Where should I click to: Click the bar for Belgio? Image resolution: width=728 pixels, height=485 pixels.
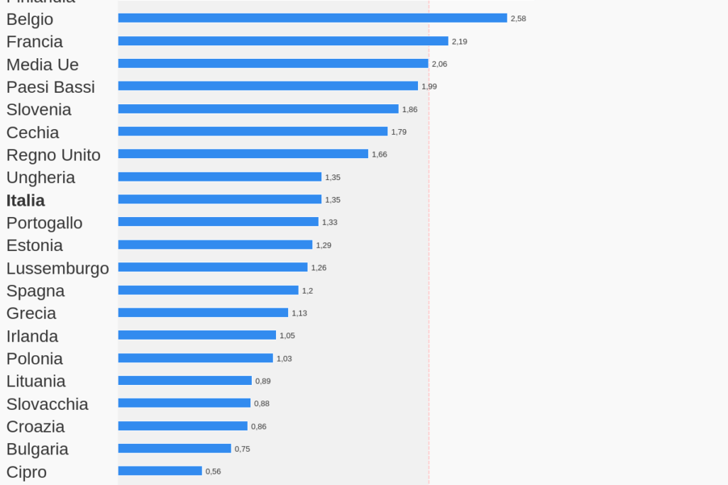click(312, 18)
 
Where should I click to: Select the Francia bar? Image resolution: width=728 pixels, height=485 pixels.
click(283, 41)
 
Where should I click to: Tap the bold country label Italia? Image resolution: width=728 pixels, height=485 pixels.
click(26, 200)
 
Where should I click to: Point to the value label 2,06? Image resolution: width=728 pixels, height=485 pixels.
click(439, 64)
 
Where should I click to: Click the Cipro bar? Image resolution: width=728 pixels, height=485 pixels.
click(160, 471)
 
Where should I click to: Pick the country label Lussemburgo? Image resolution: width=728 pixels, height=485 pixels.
click(57, 268)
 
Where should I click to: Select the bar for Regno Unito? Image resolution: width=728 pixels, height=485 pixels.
click(243, 154)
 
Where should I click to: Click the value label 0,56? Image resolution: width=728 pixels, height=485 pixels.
click(213, 472)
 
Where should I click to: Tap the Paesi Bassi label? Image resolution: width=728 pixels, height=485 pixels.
click(50, 87)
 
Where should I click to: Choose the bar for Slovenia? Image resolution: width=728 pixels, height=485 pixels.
click(258, 109)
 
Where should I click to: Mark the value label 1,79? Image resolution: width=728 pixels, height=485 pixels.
click(399, 132)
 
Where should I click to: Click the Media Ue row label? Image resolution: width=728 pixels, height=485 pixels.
click(43, 65)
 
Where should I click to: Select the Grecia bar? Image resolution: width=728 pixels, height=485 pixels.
click(203, 313)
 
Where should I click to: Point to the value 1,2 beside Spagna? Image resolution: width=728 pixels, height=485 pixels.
click(307, 291)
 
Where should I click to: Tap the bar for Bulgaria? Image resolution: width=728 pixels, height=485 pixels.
click(175, 448)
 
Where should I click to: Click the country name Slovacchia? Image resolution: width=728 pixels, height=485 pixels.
click(48, 404)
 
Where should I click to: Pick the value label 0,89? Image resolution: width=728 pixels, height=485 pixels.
click(263, 381)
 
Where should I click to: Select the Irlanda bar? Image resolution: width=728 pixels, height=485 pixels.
click(197, 335)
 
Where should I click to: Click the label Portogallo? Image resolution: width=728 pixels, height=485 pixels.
click(44, 223)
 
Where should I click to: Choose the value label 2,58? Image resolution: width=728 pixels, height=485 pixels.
click(518, 18)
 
